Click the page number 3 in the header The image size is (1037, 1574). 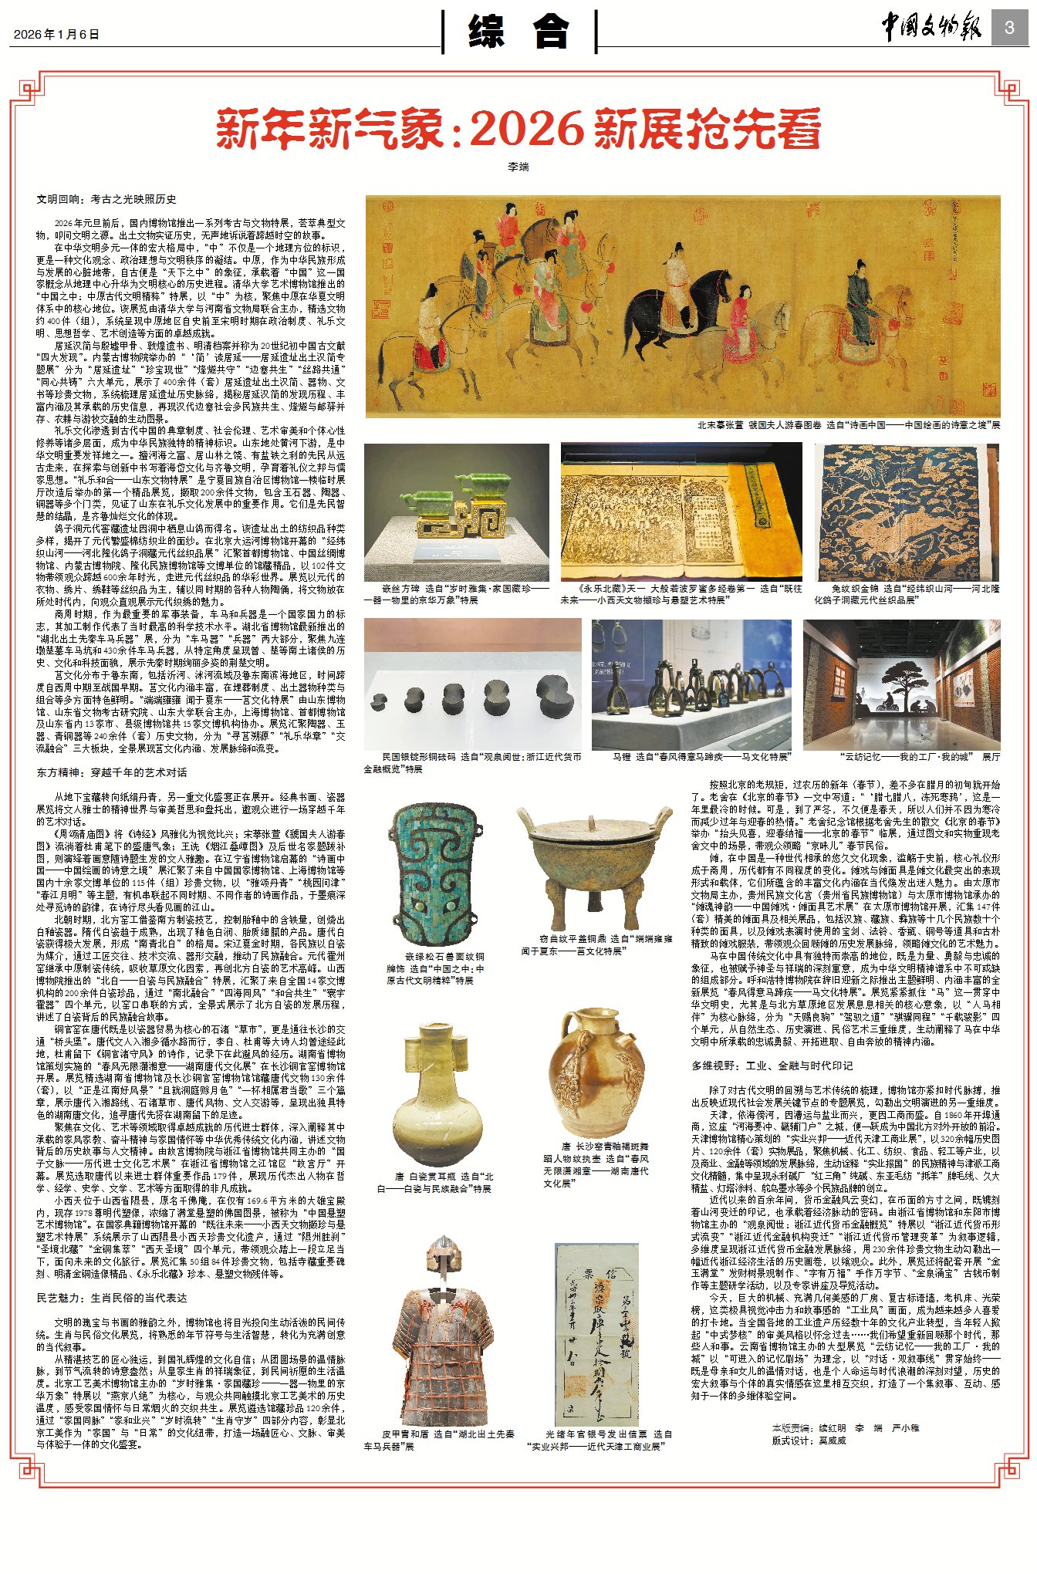coord(1008,29)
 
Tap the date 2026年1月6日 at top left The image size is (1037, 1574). coord(56,34)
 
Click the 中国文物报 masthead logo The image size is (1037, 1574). coord(931,29)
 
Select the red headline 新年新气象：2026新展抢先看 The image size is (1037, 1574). coord(518,130)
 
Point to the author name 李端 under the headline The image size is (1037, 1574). coord(518,167)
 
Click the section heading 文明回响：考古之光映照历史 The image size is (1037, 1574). coord(106,199)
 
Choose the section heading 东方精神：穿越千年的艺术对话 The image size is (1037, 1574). coord(111,772)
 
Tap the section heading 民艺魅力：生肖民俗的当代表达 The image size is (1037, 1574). coord(111,1299)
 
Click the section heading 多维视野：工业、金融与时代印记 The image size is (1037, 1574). coord(772,1066)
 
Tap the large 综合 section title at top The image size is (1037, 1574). coord(519,32)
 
